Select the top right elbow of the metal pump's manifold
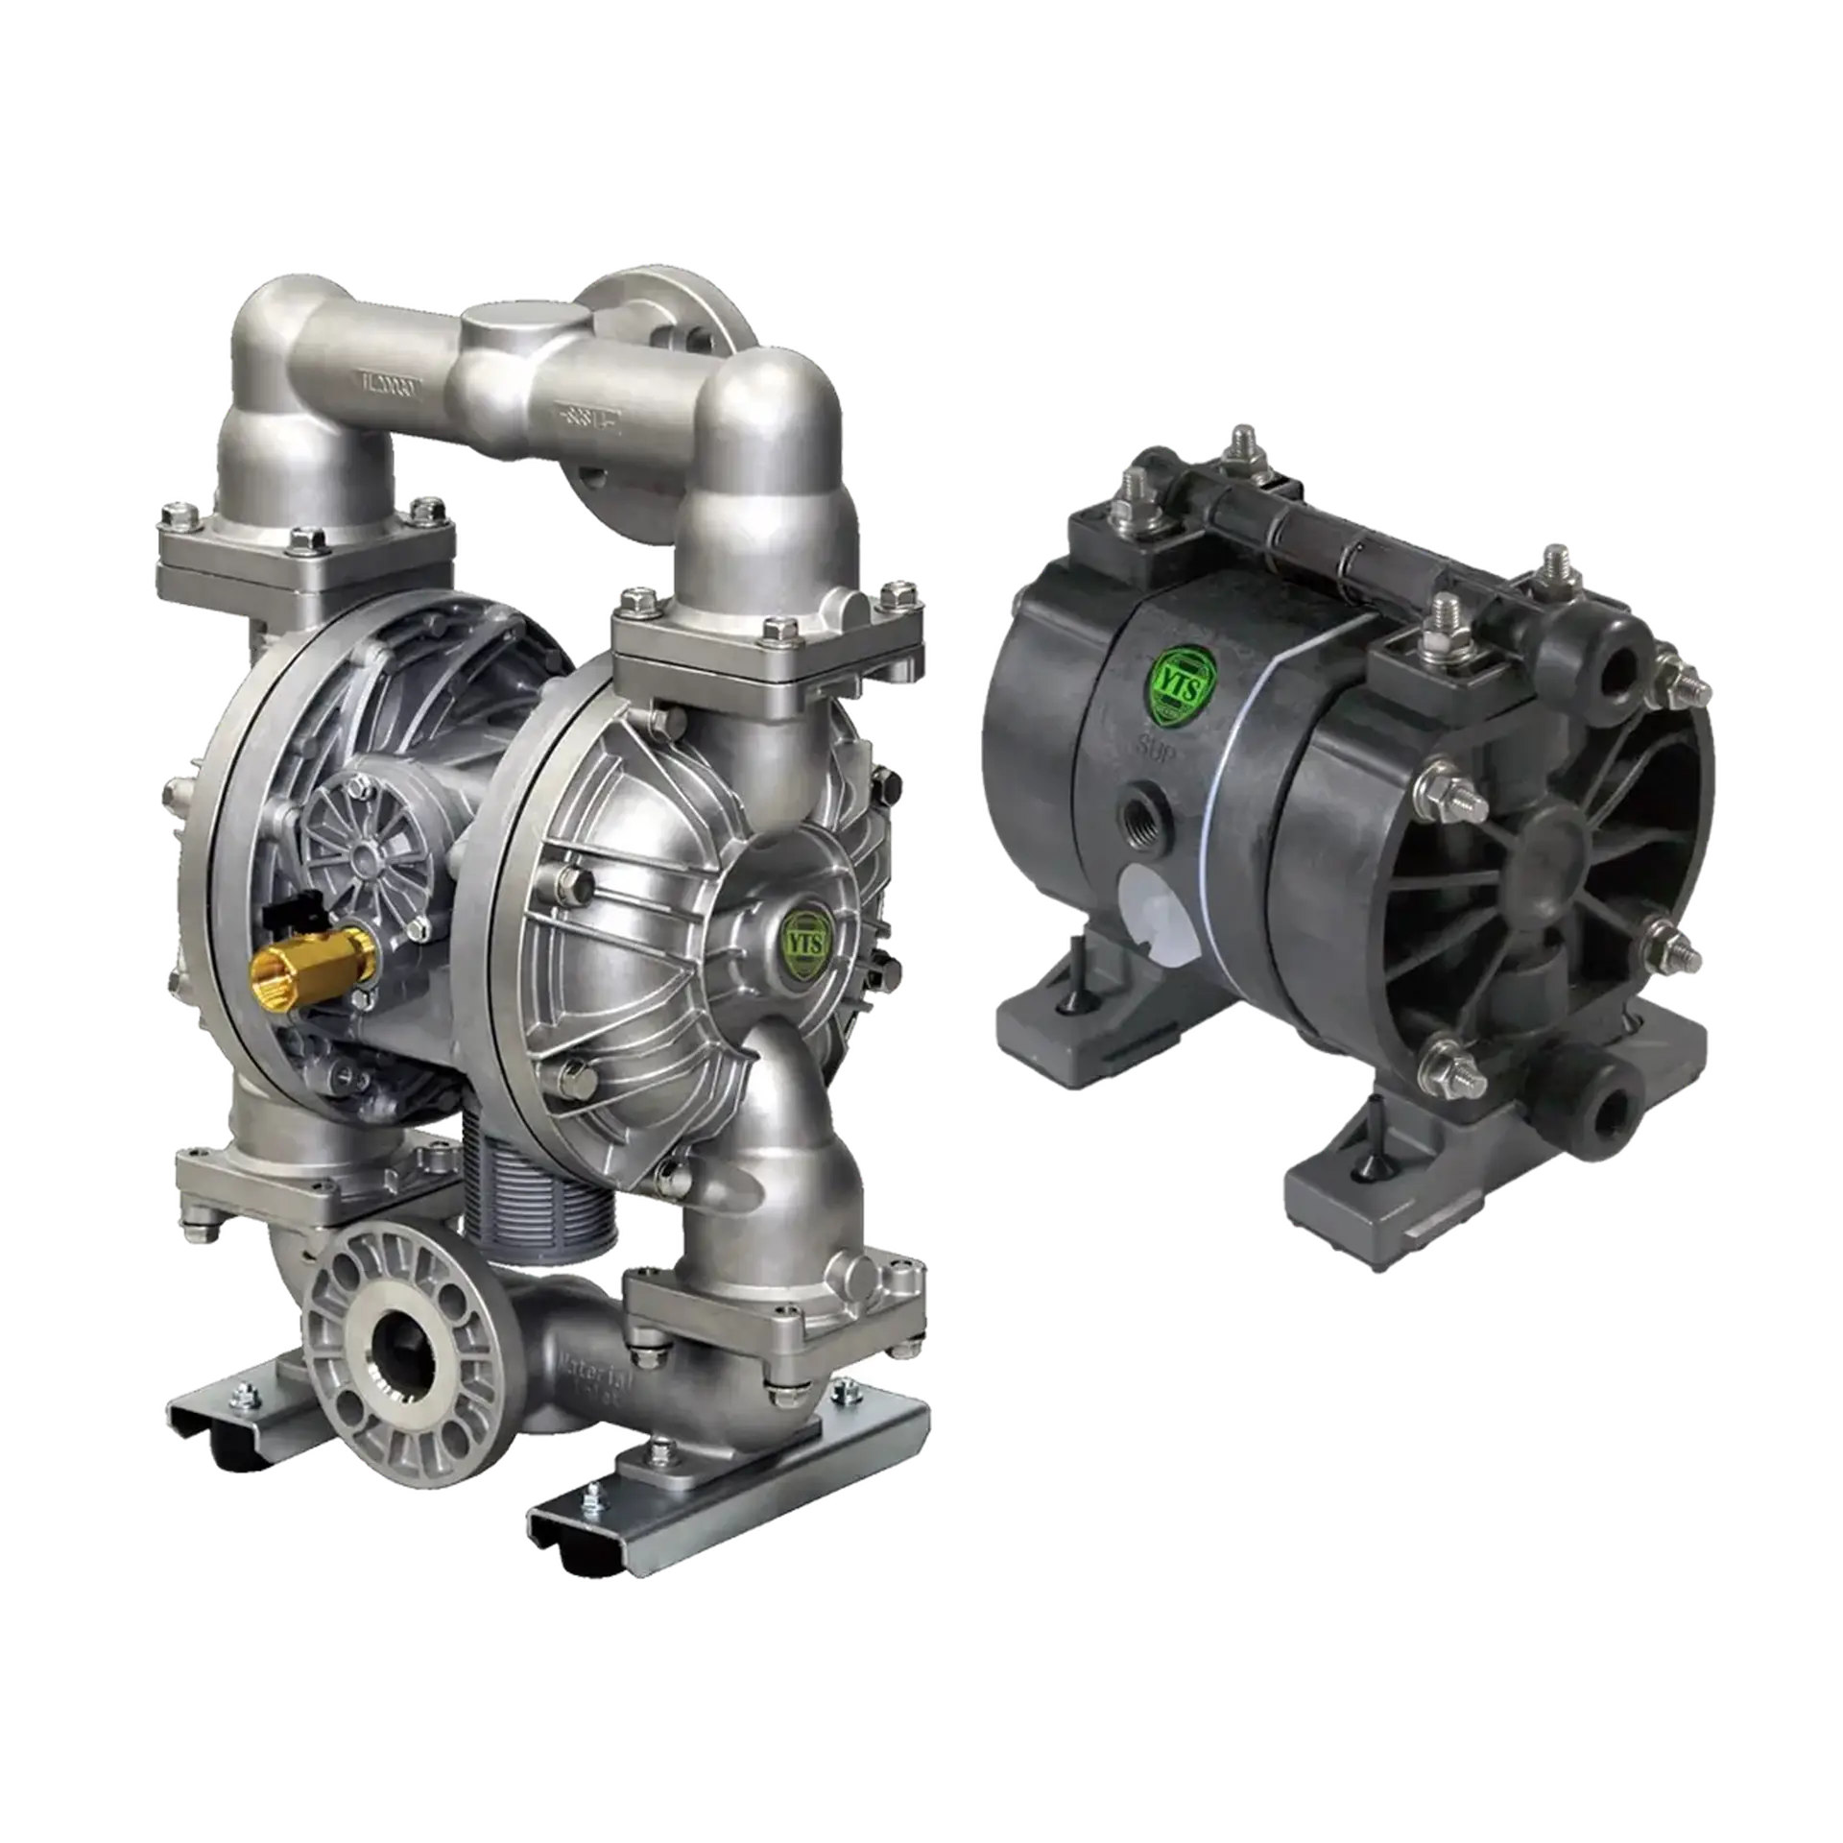pyautogui.click(x=768, y=422)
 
